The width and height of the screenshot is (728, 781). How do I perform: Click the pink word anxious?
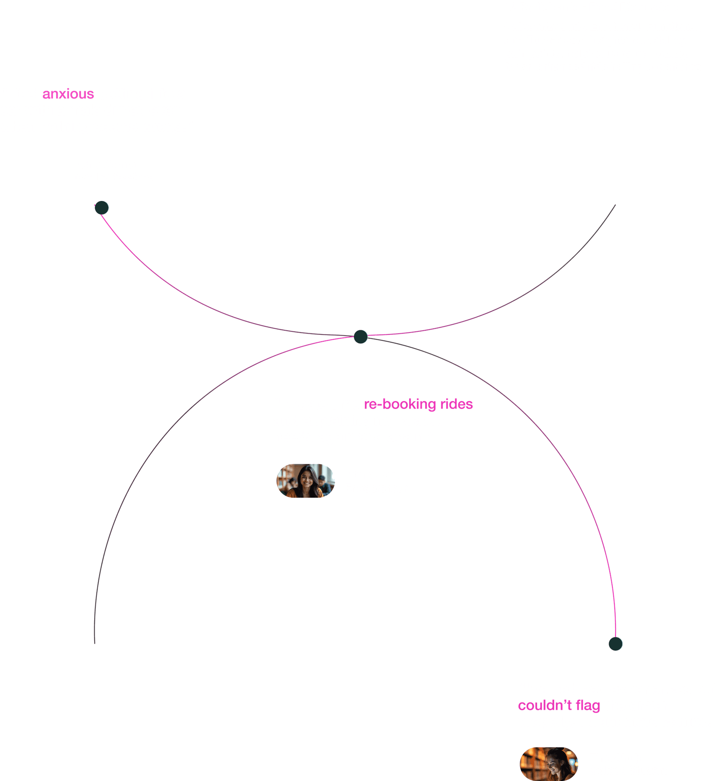click(68, 94)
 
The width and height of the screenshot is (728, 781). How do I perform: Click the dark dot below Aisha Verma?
click(102, 207)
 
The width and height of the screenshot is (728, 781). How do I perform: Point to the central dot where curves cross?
click(361, 337)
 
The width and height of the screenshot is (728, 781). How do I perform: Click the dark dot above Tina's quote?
click(616, 644)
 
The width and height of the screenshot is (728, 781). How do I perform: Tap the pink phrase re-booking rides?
click(418, 404)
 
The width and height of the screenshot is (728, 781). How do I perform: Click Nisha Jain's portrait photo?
click(306, 480)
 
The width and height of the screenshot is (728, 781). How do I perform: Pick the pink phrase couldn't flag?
click(559, 705)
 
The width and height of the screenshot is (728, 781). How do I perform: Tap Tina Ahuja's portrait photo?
click(549, 764)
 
